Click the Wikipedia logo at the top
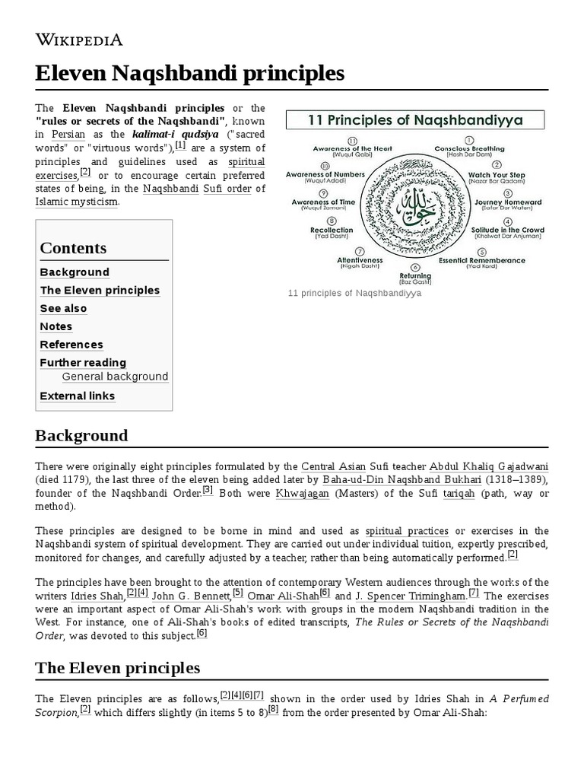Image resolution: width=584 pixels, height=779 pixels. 79,40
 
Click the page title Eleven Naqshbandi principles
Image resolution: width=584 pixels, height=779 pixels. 189,73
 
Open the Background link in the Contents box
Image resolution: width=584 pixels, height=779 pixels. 75,272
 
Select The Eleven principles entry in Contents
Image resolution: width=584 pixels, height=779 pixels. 100,291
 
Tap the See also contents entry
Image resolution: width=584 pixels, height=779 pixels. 63,309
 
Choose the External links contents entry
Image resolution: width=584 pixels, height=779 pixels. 77,396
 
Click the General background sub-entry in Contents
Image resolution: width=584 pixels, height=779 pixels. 115,377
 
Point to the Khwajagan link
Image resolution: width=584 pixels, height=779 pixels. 306,494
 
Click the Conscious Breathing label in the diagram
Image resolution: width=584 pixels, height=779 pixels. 469,148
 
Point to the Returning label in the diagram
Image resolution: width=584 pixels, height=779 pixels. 415,276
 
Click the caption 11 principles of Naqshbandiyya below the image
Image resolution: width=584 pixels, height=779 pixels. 354,293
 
